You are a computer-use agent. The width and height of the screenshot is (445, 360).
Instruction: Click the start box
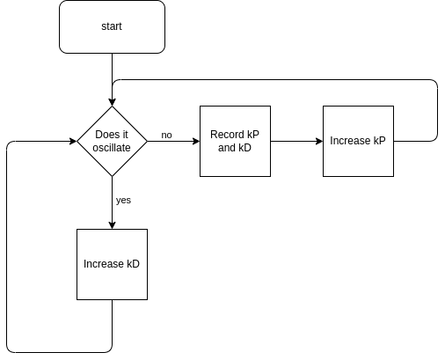[x=112, y=26]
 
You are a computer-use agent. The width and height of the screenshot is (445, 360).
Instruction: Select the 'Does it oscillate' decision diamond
[x=112, y=141]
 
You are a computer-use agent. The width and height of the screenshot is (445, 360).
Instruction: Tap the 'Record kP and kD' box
[x=235, y=141]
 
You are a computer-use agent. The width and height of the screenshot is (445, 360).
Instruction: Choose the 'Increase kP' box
[x=358, y=141]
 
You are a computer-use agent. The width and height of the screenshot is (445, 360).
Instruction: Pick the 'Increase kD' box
[x=112, y=264]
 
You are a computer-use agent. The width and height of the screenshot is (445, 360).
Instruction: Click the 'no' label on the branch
[x=166, y=135]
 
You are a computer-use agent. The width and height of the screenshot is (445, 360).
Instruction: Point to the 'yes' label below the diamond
[x=123, y=201]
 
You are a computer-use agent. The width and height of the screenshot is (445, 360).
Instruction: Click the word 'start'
[x=112, y=26]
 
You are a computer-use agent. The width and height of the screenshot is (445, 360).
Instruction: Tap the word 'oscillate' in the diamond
[x=112, y=148]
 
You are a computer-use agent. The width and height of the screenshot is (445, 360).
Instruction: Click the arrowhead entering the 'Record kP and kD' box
[x=196, y=141]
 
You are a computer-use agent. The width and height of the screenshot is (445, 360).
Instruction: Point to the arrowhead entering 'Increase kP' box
[x=319, y=141]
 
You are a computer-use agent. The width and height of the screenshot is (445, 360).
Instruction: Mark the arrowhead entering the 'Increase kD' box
[x=112, y=225]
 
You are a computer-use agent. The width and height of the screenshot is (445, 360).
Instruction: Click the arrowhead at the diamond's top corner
[x=112, y=102]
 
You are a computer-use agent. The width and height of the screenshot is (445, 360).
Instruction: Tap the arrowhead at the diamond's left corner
[x=73, y=141]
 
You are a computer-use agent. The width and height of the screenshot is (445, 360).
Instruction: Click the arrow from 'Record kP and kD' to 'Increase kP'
[x=296, y=141]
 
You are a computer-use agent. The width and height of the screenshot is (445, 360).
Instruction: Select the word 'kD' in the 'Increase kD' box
[x=133, y=264]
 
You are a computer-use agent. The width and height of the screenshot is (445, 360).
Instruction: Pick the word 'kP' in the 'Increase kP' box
[x=379, y=141]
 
